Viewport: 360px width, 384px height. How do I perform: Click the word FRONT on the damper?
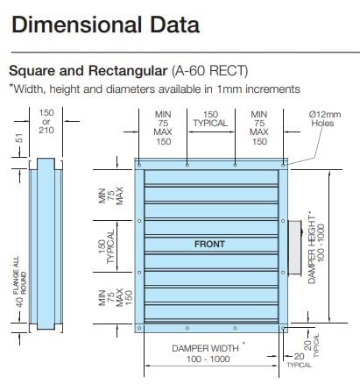pyautogui.click(x=209, y=244)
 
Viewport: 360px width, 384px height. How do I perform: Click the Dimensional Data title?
pyautogui.click(x=106, y=25)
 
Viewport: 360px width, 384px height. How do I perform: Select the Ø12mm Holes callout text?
pyautogui.click(x=325, y=118)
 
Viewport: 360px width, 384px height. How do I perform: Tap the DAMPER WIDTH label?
pyautogui.click(x=205, y=348)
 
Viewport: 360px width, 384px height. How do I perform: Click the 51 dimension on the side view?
pyautogui.click(x=18, y=139)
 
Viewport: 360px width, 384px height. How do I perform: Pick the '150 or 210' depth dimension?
pyautogui.click(x=46, y=121)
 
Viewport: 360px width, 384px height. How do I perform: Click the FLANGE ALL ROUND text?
pyautogui.click(x=20, y=275)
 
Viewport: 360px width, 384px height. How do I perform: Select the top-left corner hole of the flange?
pyautogui.click(x=139, y=165)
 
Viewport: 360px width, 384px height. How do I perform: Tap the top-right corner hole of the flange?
pyautogui.click(x=283, y=165)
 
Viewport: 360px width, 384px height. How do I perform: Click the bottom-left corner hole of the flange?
pyautogui.click(x=139, y=328)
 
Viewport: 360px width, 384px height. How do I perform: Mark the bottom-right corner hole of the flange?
pyautogui.click(x=283, y=328)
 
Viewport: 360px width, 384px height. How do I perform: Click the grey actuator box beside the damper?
pyautogui.click(x=295, y=247)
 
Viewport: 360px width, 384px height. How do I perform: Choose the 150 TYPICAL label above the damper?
pyautogui.click(x=210, y=118)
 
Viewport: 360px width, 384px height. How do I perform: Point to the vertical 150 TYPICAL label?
pyautogui.click(x=106, y=247)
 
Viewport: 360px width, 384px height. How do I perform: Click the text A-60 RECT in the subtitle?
pyautogui.click(x=210, y=71)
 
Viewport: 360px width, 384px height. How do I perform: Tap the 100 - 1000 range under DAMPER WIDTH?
pyautogui.click(x=208, y=359)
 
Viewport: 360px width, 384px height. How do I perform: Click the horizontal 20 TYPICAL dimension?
pyautogui.click(x=299, y=360)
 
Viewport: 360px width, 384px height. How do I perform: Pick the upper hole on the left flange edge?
pyautogui.click(x=139, y=221)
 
